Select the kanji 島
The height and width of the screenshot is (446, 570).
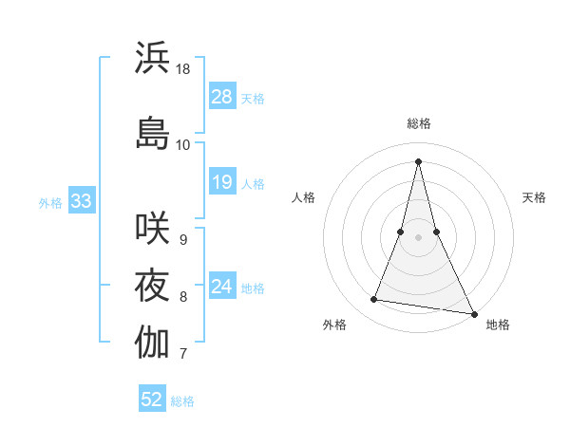(x=153, y=132)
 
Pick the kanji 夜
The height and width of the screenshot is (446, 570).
(x=153, y=285)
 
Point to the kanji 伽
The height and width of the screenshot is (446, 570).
(x=153, y=342)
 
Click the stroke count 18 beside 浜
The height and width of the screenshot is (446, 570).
(x=183, y=69)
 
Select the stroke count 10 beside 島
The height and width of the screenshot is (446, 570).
(x=183, y=144)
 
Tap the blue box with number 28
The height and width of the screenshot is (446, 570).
(x=222, y=97)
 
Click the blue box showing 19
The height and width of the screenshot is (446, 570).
(x=222, y=182)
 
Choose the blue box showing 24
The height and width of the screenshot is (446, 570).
(x=222, y=287)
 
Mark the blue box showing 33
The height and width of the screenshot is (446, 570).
(x=80, y=201)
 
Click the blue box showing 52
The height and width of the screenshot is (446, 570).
(x=152, y=400)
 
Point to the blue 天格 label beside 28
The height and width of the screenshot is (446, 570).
(x=253, y=99)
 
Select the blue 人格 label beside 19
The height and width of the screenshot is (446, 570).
(x=253, y=184)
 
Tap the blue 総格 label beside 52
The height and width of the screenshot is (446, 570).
(x=182, y=401)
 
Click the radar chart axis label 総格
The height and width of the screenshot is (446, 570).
(x=418, y=123)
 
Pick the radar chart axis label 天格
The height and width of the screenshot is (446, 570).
(x=535, y=197)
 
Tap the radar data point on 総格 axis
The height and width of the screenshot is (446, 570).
(x=418, y=160)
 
